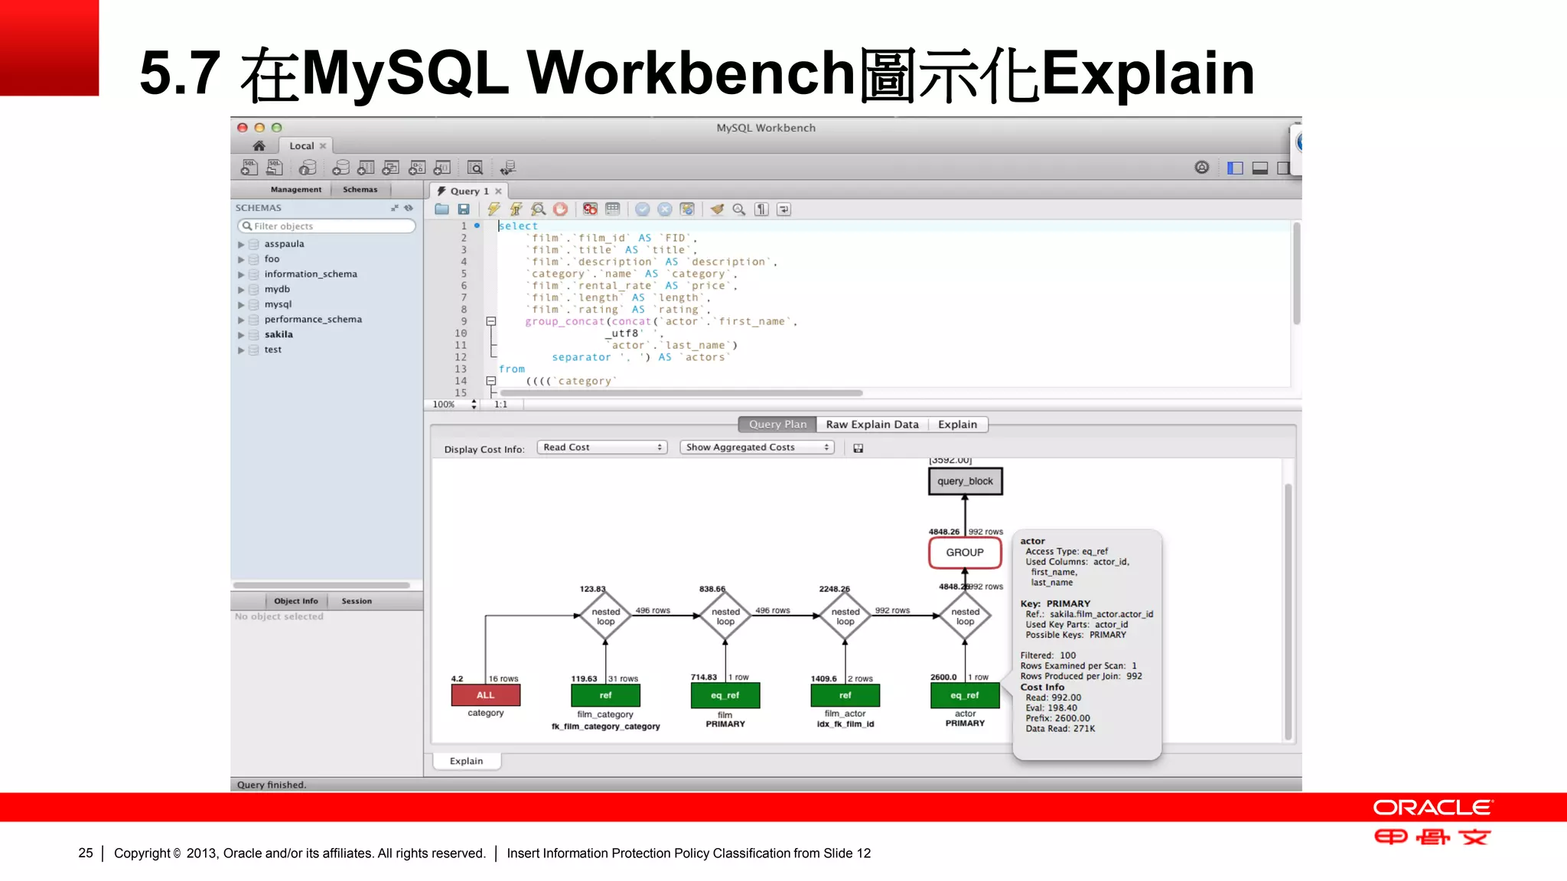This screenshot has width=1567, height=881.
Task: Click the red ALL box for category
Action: click(486, 695)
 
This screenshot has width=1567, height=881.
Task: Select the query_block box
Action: click(965, 481)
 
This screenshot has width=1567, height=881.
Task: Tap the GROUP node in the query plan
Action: click(965, 552)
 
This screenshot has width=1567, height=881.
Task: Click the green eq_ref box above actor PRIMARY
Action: click(965, 695)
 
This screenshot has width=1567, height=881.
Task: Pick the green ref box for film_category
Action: click(605, 695)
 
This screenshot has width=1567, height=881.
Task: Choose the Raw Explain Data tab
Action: click(872, 424)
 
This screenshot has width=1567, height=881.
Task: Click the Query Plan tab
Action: click(777, 424)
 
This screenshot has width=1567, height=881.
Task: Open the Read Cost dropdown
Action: click(602, 447)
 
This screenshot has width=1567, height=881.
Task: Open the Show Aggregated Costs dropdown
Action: click(756, 447)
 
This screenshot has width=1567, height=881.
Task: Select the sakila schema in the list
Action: click(279, 334)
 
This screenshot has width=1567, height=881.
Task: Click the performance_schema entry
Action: click(313, 319)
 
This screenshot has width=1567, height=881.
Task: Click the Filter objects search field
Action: click(327, 226)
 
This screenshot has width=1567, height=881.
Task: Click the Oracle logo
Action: click(1432, 808)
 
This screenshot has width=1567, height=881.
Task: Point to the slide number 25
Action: click(86, 853)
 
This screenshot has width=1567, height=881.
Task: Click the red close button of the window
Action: click(243, 128)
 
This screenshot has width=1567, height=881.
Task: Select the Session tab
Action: click(357, 601)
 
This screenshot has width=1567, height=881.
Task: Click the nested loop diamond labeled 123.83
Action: click(605, 616)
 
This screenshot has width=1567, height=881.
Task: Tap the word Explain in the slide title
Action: click(1148, 73)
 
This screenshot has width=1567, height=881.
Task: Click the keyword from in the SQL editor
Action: click(512, 369)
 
